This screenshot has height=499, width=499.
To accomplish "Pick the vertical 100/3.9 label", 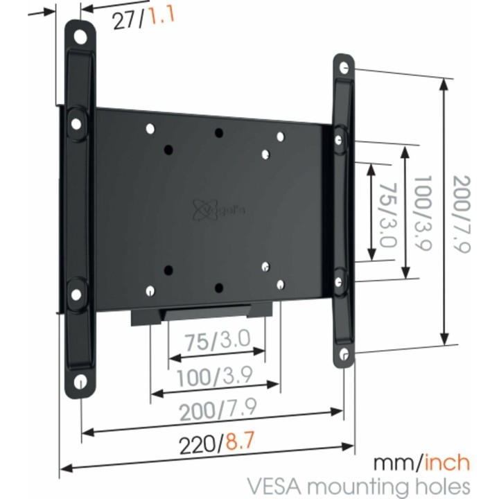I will click(x=421, y=211).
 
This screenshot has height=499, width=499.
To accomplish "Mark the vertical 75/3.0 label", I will click(x=387, y=211).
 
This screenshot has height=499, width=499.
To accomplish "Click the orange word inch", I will click(x=447, y=462).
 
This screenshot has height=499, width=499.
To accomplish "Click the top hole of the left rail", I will click(x=81, y=35).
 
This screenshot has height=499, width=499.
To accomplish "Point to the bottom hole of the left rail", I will click(x=80, y=381).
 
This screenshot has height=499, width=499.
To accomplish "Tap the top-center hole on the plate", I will click(x=218, y=132).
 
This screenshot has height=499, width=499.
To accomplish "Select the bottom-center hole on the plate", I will click(x=218, y=287).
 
